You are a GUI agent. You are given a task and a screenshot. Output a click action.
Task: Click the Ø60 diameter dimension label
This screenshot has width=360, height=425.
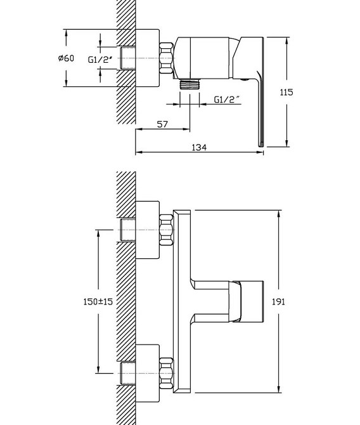coord(66,58)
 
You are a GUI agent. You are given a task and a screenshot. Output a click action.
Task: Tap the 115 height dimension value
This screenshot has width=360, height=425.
coord(286,93)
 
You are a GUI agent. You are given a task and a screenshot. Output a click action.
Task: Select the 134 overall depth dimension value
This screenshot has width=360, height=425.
coord(199,147)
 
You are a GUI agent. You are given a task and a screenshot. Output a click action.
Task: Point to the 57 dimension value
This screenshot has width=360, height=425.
coord(162,124)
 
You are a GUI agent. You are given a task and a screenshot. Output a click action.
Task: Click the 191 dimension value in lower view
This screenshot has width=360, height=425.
coord(278,302)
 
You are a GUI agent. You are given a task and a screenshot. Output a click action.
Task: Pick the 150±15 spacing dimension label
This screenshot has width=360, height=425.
coord(98,302)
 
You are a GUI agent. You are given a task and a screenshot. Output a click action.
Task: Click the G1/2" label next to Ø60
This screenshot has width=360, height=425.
coord(100,60)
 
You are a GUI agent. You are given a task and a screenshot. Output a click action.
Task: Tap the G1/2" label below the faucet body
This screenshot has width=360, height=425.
coord(228,100)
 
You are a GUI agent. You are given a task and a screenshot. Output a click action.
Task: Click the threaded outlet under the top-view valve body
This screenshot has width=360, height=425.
coord(190,84)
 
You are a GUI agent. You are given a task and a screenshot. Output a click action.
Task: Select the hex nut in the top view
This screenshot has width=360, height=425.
coord(166,58)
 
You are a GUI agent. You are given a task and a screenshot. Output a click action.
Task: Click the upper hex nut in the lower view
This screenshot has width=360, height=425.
coord(166,230)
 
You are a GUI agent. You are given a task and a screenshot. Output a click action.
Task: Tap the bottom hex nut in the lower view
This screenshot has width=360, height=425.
coord(166,373)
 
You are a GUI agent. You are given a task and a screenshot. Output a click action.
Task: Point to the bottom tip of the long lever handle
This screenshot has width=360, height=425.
coord(260,146)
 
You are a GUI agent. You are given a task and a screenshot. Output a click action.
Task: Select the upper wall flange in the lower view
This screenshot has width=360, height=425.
coord(147,230)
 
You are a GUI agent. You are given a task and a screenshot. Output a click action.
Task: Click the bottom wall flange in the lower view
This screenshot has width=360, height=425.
coord(147,373)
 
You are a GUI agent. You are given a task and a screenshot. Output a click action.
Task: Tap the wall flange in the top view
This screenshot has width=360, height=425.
coord(147,58)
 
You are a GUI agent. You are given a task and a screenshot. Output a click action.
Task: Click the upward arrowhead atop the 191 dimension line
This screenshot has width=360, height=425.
coord(279,214)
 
